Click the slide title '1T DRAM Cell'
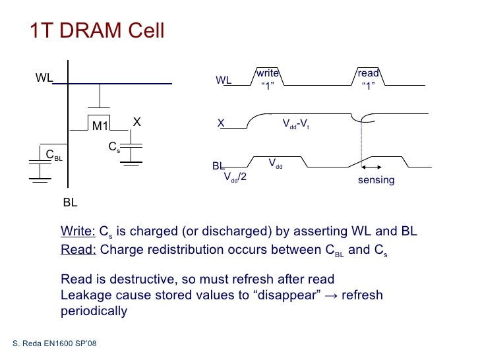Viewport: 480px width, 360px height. [97, 31]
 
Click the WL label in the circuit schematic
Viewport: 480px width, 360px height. [44, 78]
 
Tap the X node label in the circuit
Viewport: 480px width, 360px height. [137, 122]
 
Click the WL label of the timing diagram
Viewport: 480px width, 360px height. [224, 80]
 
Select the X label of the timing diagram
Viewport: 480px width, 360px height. [222, 123]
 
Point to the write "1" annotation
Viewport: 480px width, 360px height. [267, 79]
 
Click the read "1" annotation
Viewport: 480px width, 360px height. [368, 79]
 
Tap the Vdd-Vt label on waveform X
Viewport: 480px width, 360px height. [296, 123]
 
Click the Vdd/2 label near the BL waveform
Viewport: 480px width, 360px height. [235, 177]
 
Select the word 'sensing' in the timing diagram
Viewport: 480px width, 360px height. [376, 180]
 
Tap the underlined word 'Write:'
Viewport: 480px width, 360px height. [78, 231]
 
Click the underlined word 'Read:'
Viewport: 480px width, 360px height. [78, 249]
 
